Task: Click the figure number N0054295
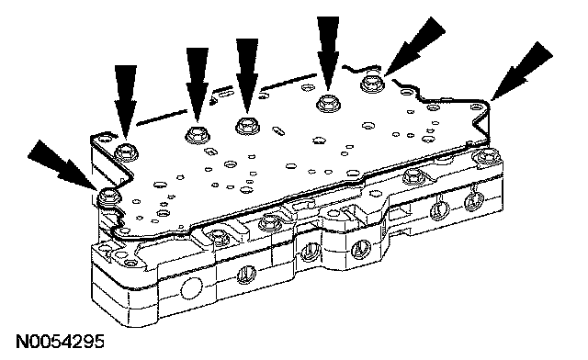click(60, 342)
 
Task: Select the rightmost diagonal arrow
click(522, 71)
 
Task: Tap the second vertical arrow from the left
click(198, 85)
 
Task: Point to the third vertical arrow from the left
click(247, 75)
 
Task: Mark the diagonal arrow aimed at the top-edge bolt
click(414, 45)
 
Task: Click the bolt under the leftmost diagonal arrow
click(108, 197)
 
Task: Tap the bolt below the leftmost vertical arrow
click(127, 152)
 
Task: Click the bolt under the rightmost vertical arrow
click(328, 102)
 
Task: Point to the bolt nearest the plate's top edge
click(371, 84)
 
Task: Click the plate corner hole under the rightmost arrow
click(476, 107)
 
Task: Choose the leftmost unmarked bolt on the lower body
click(130, 264)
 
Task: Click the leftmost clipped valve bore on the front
click(246, 275)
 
